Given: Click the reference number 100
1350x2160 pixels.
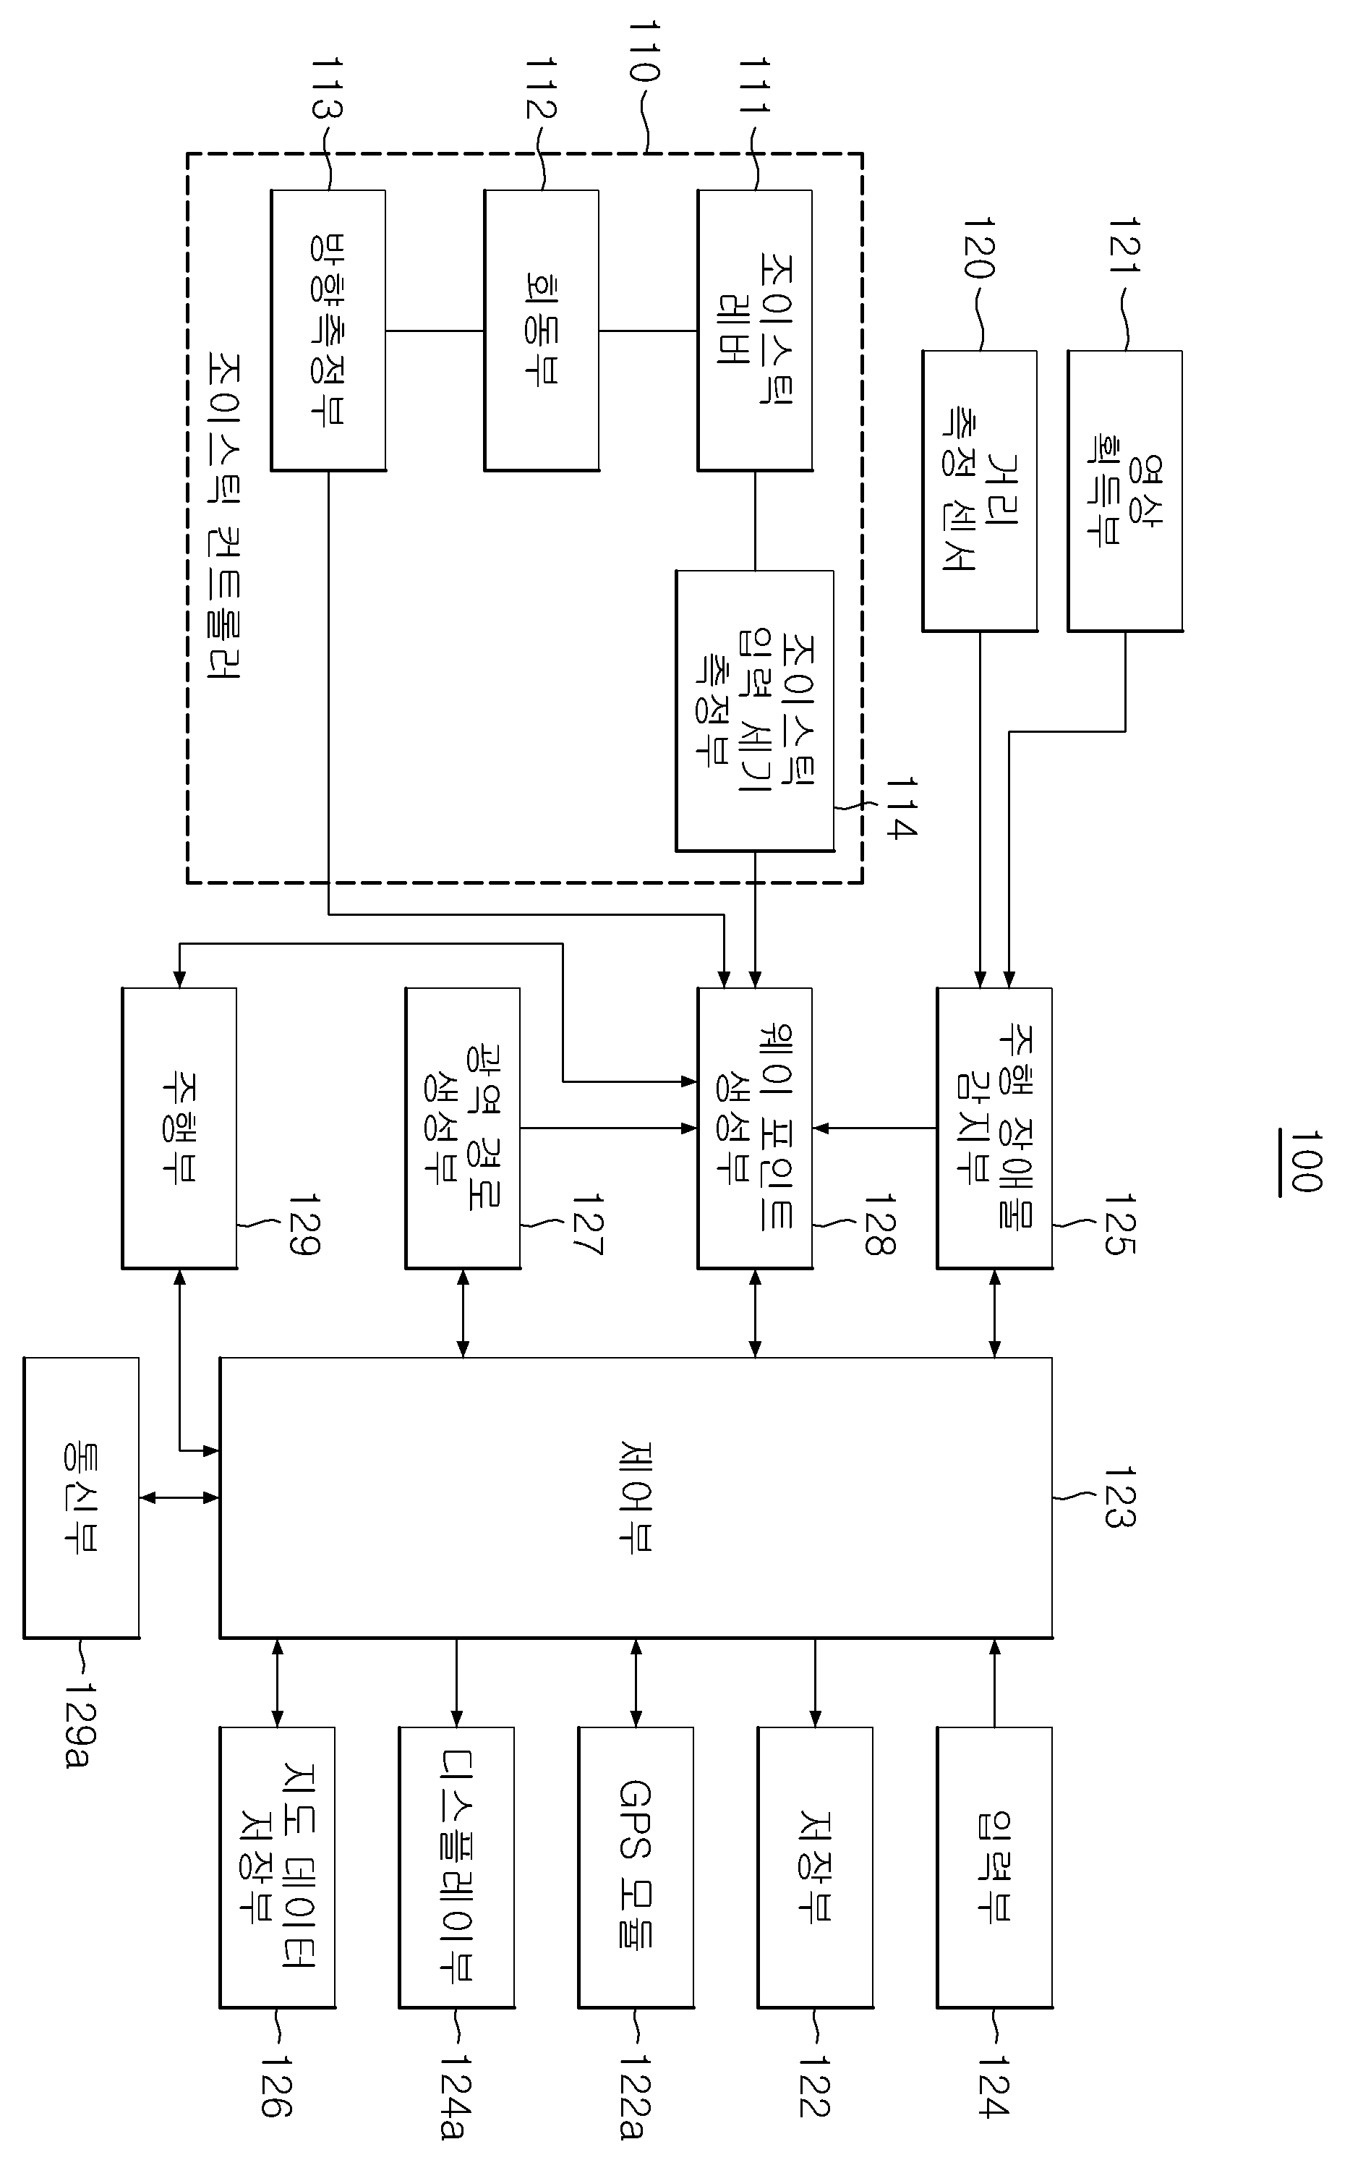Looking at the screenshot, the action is coord(1304,1161).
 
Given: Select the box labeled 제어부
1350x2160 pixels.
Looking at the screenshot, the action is coord(636,1497).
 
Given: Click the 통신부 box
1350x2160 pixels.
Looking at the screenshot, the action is coord(81,1497).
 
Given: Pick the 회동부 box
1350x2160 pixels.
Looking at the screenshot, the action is coord(541,331).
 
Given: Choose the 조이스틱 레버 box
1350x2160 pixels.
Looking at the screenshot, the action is coord(754,331).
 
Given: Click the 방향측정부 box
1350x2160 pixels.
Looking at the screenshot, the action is coord(328,331).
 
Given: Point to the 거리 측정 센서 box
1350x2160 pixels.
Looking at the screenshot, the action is coord(980,491).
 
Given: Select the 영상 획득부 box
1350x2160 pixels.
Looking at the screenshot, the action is coord(1125,491).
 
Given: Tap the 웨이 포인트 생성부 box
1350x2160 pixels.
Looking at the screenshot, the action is coord(754,1128).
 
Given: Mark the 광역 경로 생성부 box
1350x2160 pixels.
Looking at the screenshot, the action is coord(463,1128).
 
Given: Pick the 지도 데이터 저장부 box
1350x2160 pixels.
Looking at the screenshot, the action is coord(278,1867).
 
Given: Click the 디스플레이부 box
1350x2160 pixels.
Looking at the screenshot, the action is coord(456,1867).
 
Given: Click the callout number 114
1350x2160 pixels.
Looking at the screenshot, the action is coord(900,808).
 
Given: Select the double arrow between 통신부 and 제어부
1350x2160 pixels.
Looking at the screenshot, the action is coord(179,1497).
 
